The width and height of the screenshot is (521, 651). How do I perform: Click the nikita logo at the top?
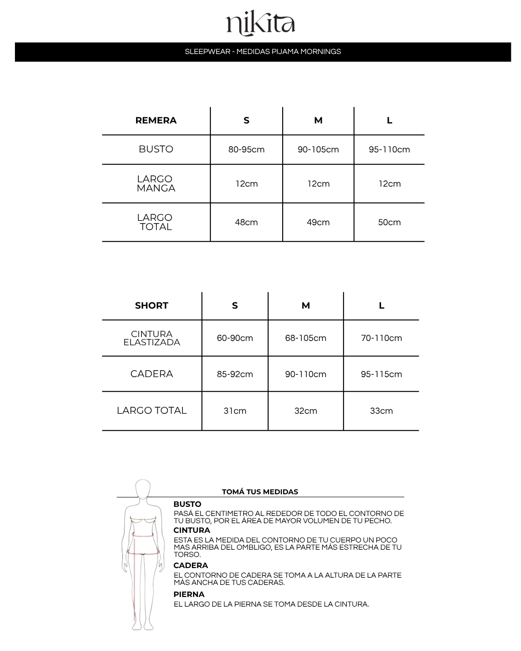(x=260, y=24)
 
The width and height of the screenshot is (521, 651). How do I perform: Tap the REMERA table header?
(x=156, y=121)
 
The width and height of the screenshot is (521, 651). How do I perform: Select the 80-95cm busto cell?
(x=247, y=149)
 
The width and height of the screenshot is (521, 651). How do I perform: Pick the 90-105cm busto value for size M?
(x=318, y=149)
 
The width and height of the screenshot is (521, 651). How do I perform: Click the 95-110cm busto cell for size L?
(x=389, y=149)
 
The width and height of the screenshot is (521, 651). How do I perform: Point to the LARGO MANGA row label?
(x=155, y=184)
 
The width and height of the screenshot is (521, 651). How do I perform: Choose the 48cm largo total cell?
(x=247, y=222)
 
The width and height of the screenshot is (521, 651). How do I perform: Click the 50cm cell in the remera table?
(x=389, y=222)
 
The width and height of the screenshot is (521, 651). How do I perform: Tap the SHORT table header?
(x=151, y=306)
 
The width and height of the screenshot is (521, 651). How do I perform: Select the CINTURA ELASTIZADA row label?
(x=151, y=338)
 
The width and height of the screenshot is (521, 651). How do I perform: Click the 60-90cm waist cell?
(x=235, y=338)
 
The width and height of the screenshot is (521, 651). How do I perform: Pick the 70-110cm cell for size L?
(x=382, y=338)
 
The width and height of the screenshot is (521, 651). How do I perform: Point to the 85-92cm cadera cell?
(x=235, y=374)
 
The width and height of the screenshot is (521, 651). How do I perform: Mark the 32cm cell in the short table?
(x=306, y=411)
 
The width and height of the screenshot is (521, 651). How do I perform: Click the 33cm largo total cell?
(x=382, y=411)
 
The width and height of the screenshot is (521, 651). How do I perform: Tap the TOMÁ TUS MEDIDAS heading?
(x=260, y=492)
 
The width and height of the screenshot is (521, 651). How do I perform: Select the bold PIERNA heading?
(x=189, y=595)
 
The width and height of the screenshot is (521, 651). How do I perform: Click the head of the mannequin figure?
(x=143, y=489)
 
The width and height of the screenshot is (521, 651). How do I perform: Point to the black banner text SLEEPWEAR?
(x=207, y=52)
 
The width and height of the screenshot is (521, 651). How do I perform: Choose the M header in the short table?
(x=306, y=306)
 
